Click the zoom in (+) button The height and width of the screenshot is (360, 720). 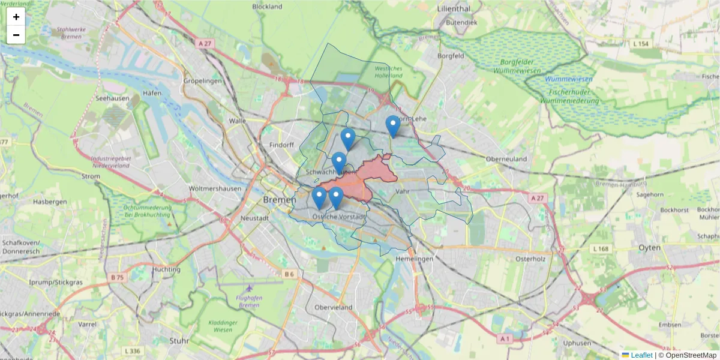pyautogui.click(x=16, y=17)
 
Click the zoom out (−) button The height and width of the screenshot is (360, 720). pyautogui.click(x=16, y=35)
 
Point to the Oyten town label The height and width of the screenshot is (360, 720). pyautogui.click(x=649, y=247)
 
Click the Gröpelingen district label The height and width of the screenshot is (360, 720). pyautogui.click(x=202, y=80)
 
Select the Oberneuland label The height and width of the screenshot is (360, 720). pyautogui.click(x=506, y=159)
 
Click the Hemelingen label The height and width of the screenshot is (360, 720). pyautogui.click(x=415, y=258)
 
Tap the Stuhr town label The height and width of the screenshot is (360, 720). pyautogui.click(x=179, y=340)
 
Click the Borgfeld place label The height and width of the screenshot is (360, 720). pyautogui.click(x=451, y=56)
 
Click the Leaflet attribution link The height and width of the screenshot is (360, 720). pyautogui.click(x=641, y=355)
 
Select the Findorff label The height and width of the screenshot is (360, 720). pyautogui.click(x=282, y=145)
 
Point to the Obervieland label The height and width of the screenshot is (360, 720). pyautogui.click(x=333, y=307)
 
